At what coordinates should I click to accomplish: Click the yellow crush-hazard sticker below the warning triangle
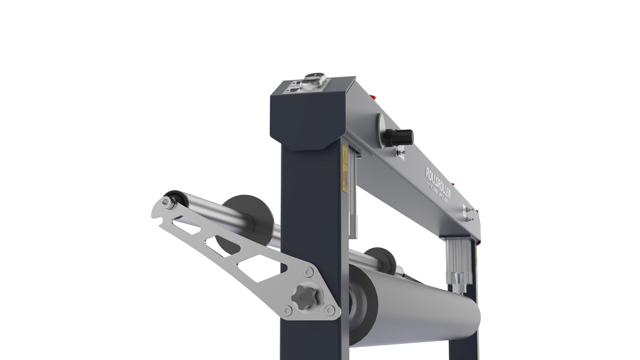345,181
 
